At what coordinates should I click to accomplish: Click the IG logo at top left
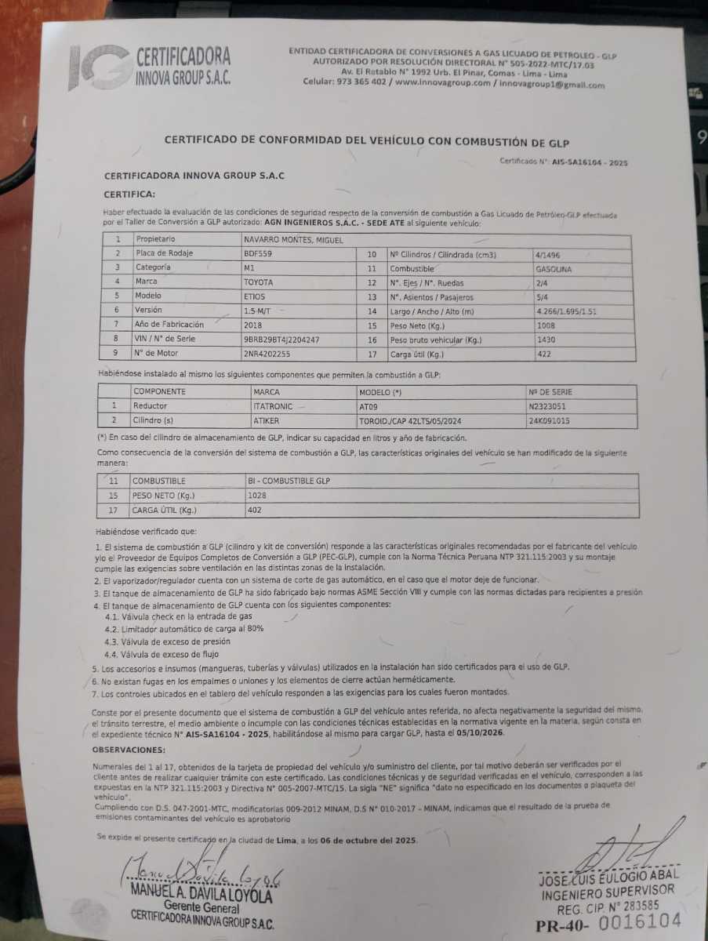98,69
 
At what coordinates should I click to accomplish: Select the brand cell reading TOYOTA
260,281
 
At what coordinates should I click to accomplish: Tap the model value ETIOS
255,296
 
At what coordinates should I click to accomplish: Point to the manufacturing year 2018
253,324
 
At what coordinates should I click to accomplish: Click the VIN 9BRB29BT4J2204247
281,339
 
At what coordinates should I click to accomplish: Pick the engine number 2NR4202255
267,354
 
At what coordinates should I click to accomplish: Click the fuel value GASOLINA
554,268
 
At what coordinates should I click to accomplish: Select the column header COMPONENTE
160,391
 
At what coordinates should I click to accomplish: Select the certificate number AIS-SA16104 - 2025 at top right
590,162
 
